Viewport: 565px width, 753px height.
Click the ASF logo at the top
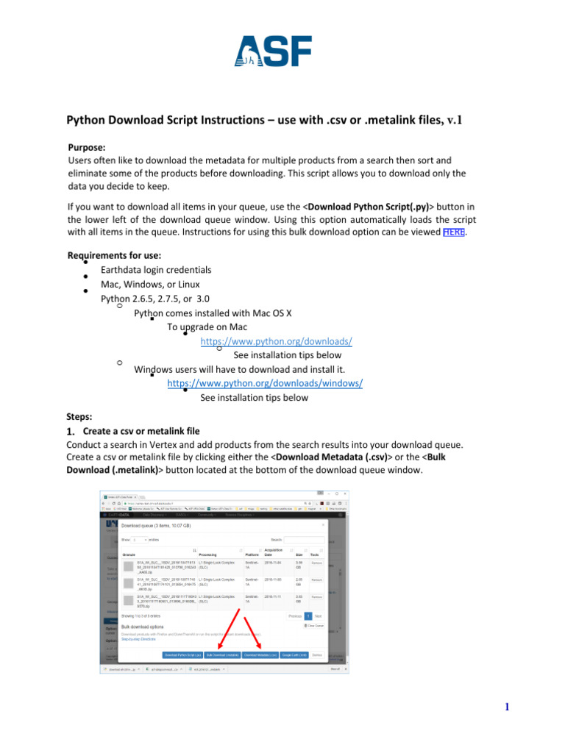pos(273,51)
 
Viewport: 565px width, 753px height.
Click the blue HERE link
pos(454,232)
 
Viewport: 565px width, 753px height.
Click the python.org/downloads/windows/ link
pos(265,383)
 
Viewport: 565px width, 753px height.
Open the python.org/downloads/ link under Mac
pos(276,341)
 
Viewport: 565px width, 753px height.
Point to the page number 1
pos(507,707)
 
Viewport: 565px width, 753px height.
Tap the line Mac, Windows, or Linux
pos(145,284)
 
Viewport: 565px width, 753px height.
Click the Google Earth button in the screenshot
pos(294,654)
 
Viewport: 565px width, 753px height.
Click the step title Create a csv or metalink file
pos(141,430)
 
